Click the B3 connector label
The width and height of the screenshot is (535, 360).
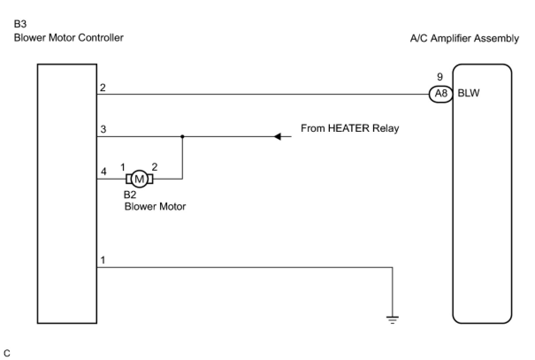coord(20,24)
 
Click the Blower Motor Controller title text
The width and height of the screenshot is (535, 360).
coord(69,38)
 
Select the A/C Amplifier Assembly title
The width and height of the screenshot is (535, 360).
coord(464,38)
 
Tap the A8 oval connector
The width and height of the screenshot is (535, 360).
coord(440,94)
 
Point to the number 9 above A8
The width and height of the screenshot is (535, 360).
coord(440,77)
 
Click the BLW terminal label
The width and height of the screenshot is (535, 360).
coord(469,94)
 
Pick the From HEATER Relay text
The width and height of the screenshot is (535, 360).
coord(350,128)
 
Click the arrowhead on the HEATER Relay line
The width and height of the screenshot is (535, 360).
coord(278,137)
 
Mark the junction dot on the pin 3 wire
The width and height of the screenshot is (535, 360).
coord(182,137)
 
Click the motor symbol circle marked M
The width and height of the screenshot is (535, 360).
coord(139,179)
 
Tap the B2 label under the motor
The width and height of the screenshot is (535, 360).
coord(130,195)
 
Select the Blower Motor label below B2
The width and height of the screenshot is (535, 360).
coord(155,206)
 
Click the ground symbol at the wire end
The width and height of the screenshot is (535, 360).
coord(392,319)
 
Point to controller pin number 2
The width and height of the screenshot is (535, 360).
coord(103,88)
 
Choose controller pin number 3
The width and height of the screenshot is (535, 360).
coord(103,130)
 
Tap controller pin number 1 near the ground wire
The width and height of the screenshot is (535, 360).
coord(103,260)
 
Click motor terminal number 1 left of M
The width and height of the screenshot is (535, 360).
coord(123,167)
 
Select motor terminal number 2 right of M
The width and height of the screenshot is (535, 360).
coord(154,167)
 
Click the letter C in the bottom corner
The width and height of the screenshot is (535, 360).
coord(7,353)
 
